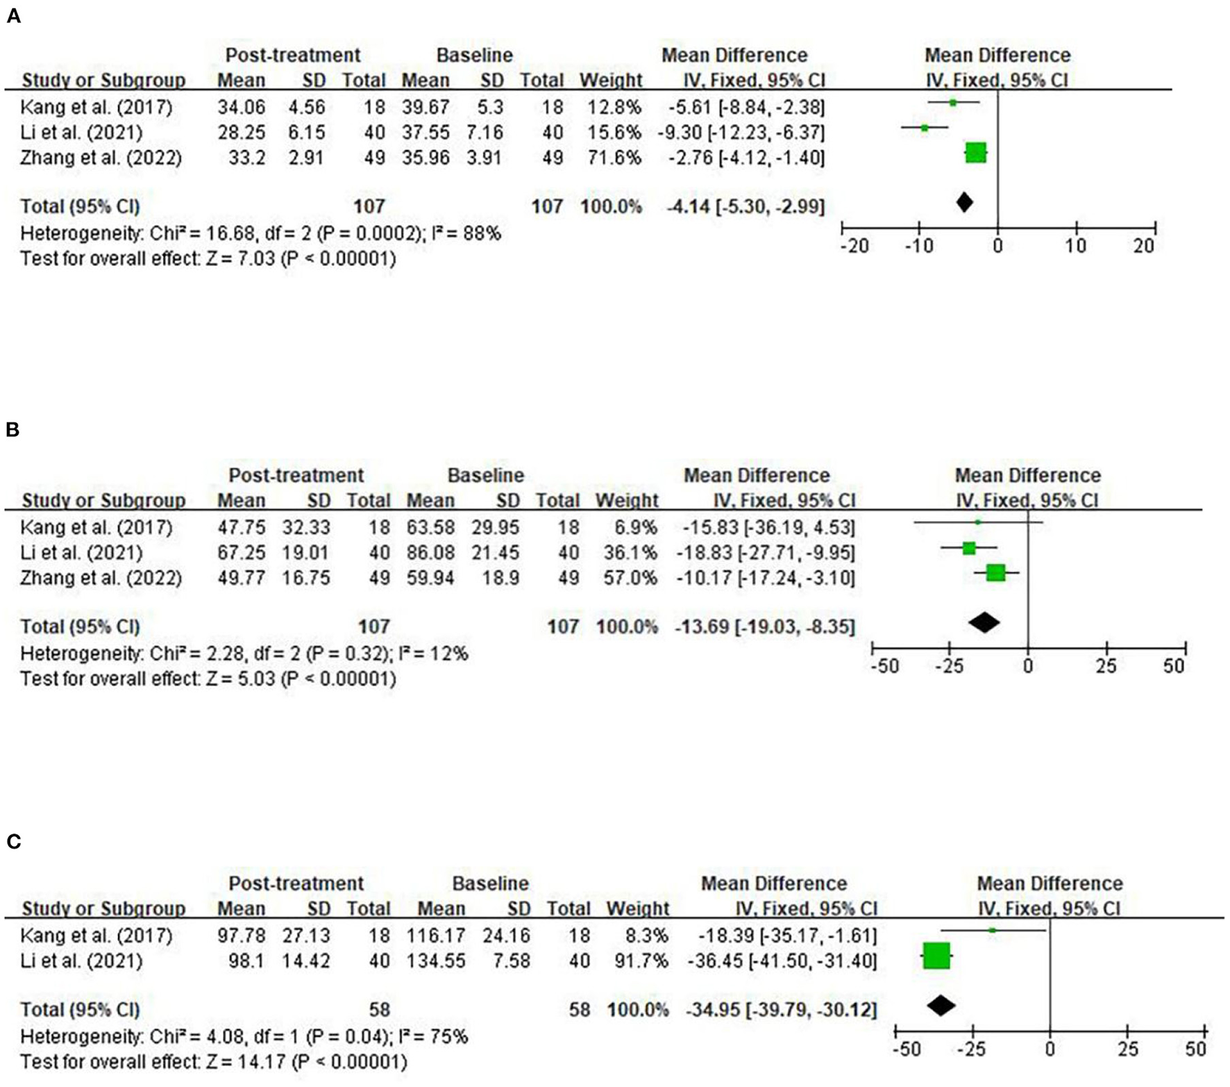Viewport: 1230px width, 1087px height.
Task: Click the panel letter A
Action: click(x=13, y=17)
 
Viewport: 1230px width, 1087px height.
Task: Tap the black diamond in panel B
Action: click(x=984, y=622)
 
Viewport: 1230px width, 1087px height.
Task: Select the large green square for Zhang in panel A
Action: click(x=976, y=153)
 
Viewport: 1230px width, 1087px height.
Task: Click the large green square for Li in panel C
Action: click(x=936, y=956)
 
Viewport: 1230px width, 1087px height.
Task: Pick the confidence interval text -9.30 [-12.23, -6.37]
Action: click(x=741, y=133)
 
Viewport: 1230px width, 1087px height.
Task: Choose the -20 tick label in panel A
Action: click(x=854, y=246)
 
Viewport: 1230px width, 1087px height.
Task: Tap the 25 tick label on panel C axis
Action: click(x=1128, y=1049)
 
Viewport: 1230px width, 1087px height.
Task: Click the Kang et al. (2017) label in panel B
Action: click(x=96, y=527)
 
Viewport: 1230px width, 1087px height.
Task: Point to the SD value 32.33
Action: click(x=306, y=527)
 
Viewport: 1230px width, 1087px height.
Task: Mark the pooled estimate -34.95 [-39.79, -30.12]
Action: click(x=782, y=1009)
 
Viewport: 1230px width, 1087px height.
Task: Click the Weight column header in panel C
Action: click(x=637, y=908)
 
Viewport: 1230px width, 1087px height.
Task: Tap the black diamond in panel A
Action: click(x=964, y=202)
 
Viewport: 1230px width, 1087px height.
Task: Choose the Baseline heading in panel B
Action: click(x=485, y=476)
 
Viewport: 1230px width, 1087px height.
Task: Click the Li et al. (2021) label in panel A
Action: click(x=81, y=133)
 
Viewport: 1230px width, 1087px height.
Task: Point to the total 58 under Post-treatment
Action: click(x=379, y=1009)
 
